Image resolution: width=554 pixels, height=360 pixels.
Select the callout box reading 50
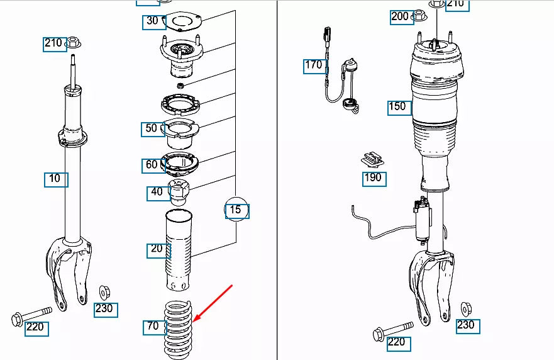152,129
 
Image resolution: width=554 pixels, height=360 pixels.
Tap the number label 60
152,166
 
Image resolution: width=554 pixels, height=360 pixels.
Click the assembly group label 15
237,210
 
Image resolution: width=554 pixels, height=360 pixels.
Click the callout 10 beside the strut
55,179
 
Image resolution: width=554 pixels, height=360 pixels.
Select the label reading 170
314,65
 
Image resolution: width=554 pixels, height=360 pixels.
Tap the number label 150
398,107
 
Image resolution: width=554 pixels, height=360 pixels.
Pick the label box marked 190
373,178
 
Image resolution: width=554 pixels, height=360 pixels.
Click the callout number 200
400,17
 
